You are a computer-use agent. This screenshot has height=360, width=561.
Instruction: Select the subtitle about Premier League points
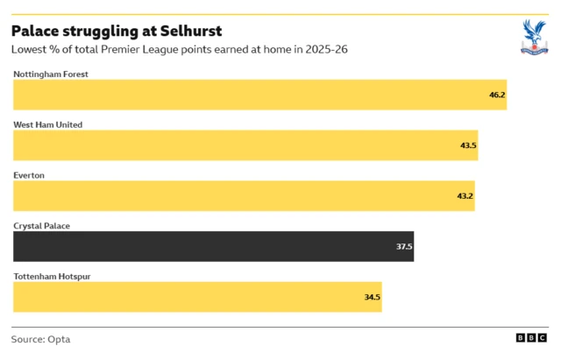[x=180, y=50]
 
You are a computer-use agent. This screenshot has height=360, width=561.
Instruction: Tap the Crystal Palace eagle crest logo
[x=532, y=38]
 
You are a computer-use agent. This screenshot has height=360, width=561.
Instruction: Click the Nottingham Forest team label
[x=51, y=74]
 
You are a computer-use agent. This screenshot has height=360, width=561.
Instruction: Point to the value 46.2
[x=497, y=95]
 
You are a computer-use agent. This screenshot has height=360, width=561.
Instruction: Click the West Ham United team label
[x=48, y=124]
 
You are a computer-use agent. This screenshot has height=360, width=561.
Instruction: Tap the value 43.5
[x=468, y=145]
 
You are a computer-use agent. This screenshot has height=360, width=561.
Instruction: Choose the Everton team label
[x=29, y=175]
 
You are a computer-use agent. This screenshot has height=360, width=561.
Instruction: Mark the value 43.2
[x=465, y=196]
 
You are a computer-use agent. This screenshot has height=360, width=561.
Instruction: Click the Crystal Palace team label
[x=41, y=226]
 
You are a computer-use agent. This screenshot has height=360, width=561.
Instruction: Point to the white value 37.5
[x=404, y=247]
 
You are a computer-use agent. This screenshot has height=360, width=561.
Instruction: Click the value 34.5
[x=373, y=298]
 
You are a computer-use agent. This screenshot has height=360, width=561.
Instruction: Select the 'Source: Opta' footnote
[x=40, y=339]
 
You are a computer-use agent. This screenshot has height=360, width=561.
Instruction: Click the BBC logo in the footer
[x=531, y=338]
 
